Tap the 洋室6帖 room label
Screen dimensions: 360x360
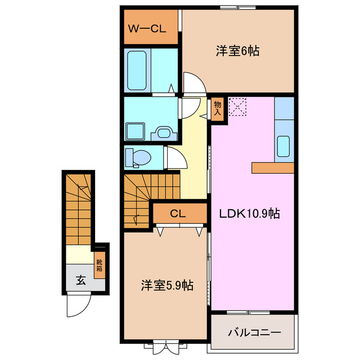[237, 51]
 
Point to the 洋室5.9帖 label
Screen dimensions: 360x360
[166, 286]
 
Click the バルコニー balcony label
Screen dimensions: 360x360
[254, 332]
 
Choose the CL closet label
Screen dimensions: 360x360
[178, 214]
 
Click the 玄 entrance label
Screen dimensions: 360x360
[81, 280]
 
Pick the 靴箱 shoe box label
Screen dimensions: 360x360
[99, 264]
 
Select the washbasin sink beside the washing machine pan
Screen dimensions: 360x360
[165, 133]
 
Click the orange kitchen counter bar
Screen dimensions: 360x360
[273, 168]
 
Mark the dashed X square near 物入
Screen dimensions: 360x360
[238, 107]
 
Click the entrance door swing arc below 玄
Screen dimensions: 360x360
[76, 306]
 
